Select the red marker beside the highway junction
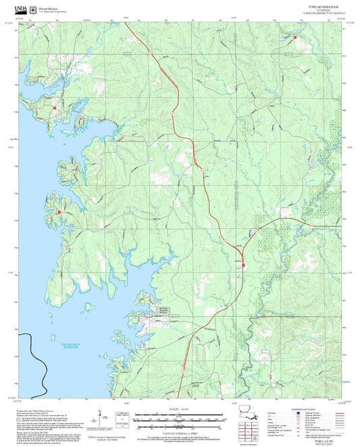pos(243,265)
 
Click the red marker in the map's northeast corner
pos(294,38)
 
